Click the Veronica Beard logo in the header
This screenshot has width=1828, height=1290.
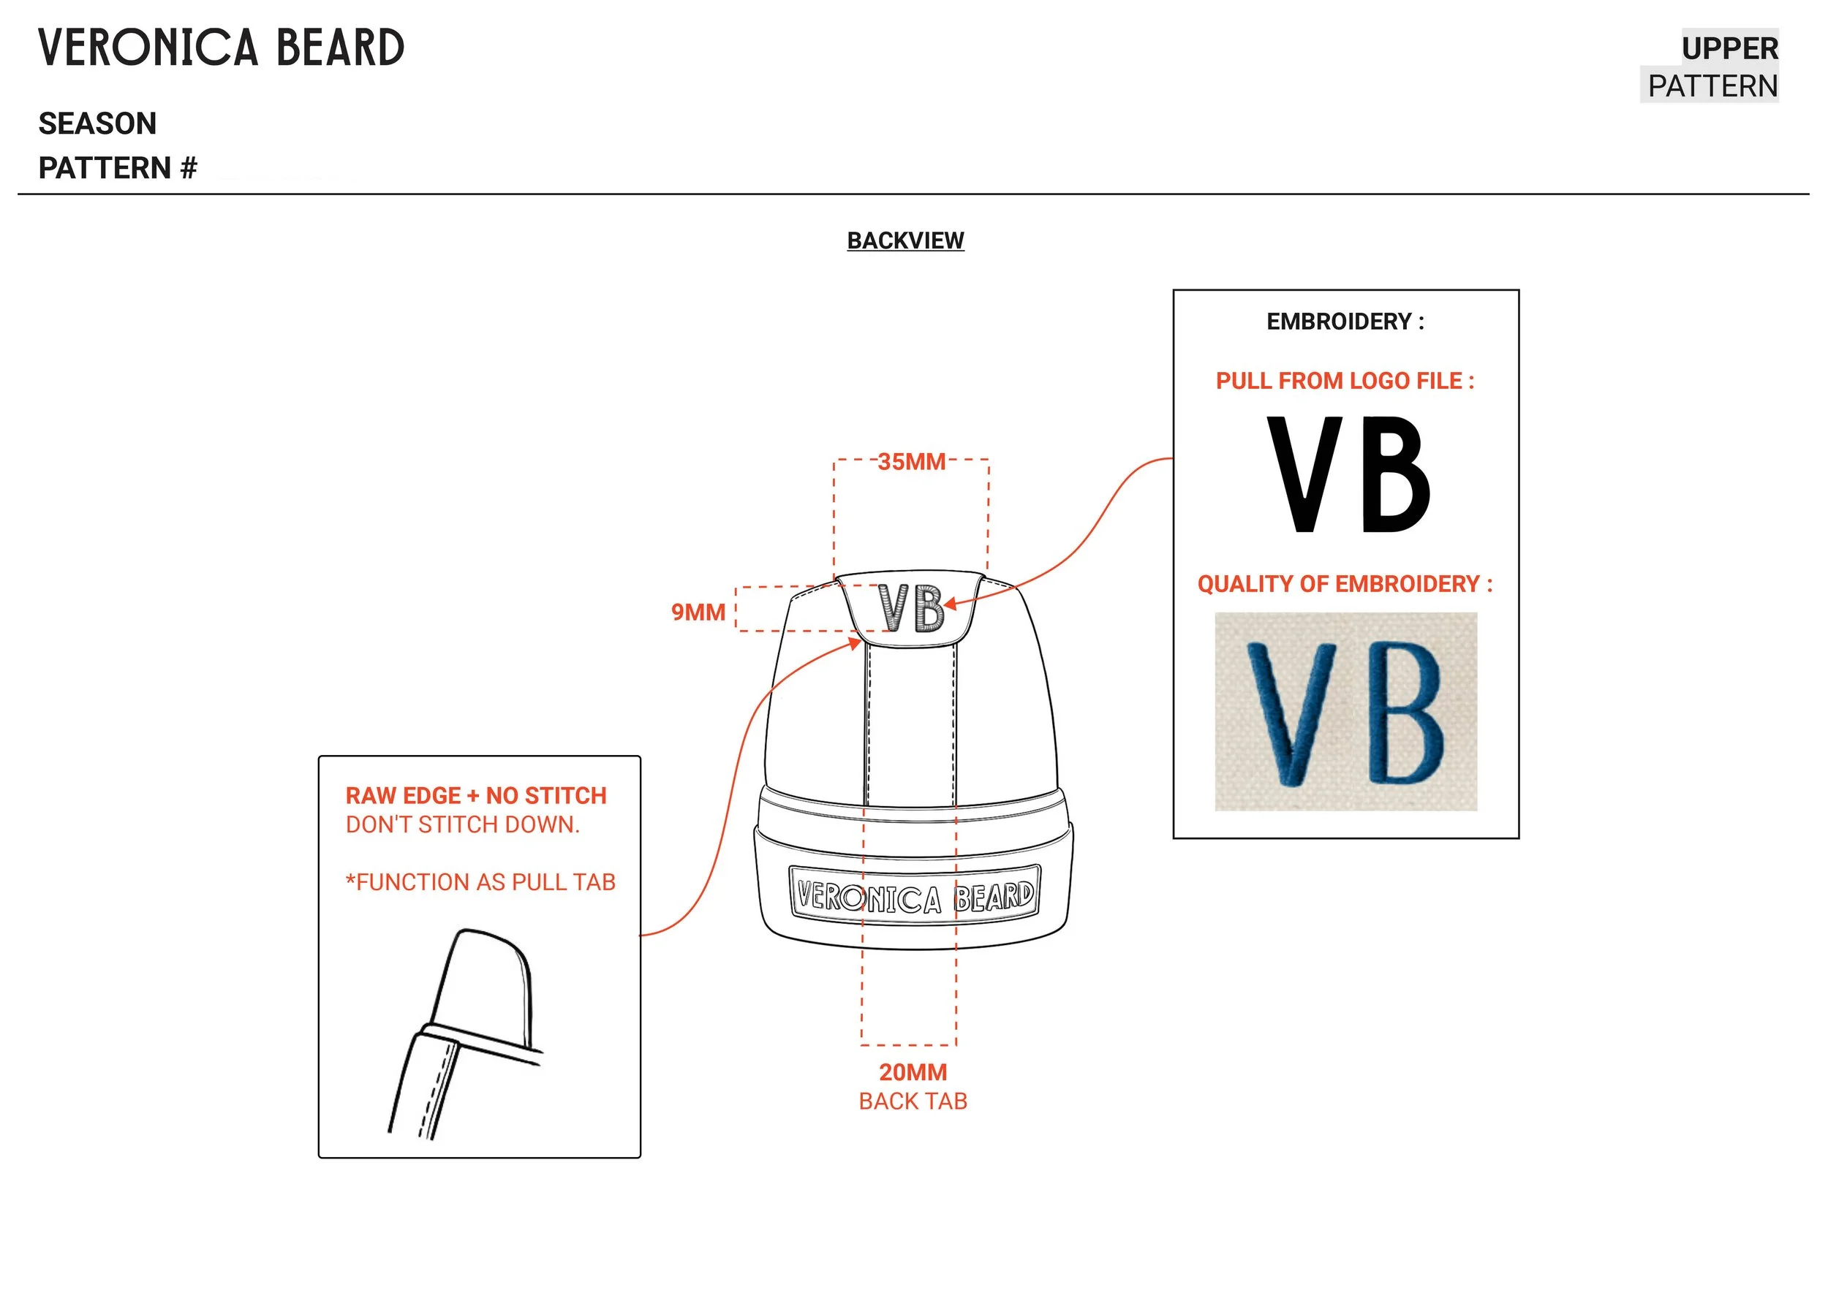pyautogui.click(x=222, y=48)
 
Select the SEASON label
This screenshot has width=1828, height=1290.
pyautogui.click(x=97, y=124)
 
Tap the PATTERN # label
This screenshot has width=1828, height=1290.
pyautogui.click(x=118, y=169)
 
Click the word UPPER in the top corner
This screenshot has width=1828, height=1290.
pyautogui.click(x=1729, y=48)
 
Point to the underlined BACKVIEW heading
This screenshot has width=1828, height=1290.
pyautogui.click(x=905, y=240)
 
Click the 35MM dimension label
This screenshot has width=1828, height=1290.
pyautogui.click(x=911, y=462)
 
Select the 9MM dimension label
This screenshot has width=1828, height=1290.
pyautogui.click(x=698, y=612)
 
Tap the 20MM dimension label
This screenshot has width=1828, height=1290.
pyautogui.click(x=913, y=1072)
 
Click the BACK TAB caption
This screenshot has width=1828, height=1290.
pyautogui.click(x=913, y=1101)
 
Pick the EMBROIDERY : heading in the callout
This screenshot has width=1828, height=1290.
pyautogui.click(x=1345, y=322)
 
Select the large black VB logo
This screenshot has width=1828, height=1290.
pyautogui.click(x=1349, y=475)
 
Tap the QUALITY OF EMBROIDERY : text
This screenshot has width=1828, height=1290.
pyautogui.click(x=1345, y=584)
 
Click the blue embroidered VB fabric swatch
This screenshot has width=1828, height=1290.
pyautogui.click(x=1345, y=711)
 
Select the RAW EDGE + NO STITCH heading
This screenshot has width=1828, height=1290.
pyautogui.click(x=475, y=796)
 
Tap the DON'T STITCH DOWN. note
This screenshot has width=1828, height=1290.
pyautogui.click(x=462, y=824)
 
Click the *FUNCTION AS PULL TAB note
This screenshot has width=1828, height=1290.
pyautogui.click(x=480, y=881)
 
